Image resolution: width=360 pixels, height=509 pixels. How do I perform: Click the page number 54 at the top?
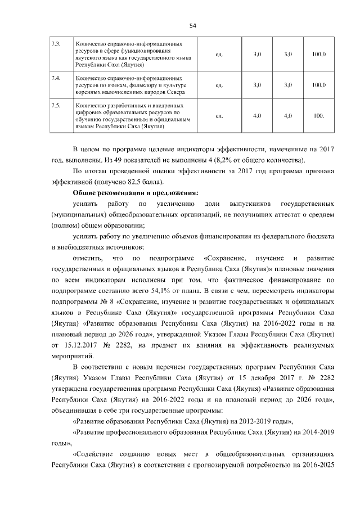click(x=192, y=24)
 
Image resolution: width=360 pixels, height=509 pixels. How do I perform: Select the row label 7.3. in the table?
click(x=55, y=43)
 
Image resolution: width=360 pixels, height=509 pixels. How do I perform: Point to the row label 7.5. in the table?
click(x=55, y=105)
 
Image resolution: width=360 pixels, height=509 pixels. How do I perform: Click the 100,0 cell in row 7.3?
click(x=319, y=54)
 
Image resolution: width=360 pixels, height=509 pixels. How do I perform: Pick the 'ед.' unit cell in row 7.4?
click(x=219, y=85)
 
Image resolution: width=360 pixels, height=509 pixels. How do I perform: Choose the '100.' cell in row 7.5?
click(x=319, y=116)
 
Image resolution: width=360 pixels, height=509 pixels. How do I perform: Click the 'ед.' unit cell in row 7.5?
click(x=219, y=116)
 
